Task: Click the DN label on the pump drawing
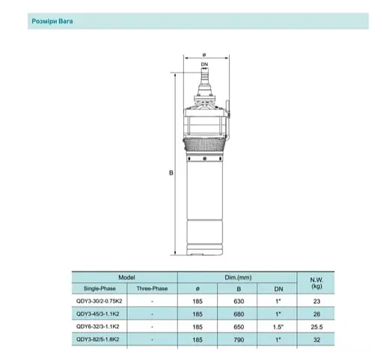(x=203, y=65)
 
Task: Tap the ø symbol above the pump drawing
(x=203, y=53)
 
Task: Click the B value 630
(x=239, y=300)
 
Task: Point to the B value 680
(x=239, y=313)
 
